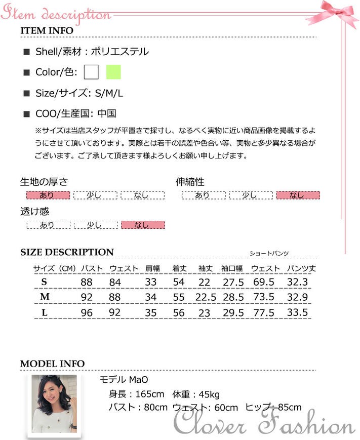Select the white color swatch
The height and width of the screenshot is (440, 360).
point(92,72)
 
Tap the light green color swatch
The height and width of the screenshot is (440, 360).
point(113,72)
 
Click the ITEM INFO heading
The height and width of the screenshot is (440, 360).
point(47,30)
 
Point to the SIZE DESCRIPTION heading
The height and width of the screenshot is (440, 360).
point(67,252)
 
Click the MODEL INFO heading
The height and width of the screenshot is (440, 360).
point(52,364)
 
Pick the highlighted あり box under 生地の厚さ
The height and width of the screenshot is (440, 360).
point(48,195)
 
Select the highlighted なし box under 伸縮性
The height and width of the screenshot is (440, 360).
point(298,195)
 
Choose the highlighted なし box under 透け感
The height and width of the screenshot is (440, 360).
point(142,225)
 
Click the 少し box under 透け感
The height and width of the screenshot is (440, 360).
point(95,225)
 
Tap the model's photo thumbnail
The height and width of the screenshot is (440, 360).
point(54,404)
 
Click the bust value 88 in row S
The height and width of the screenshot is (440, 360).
point(87,282)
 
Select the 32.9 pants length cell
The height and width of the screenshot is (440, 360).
point(298,297)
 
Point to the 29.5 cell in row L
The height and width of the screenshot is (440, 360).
point(233,313)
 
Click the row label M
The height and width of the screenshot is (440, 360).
point(45,297)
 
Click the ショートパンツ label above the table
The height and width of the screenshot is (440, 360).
point(269,253)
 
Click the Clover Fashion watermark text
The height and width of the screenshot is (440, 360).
point(263,422)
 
